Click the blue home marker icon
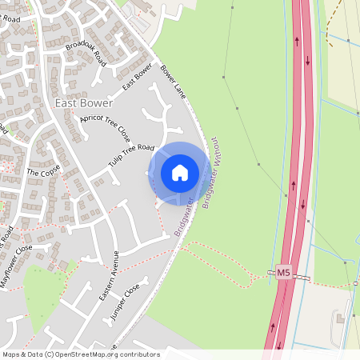(x=180, y=173)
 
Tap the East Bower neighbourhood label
(x=84, y=103)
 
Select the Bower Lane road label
(x=173, y=82)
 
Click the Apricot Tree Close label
(x=105, y=128)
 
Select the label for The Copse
(x=44, y=171)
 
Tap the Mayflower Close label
(x=17, y=261)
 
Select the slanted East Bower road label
(x=137, y=77)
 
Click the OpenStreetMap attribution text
(x=81, y=354)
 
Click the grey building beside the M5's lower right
(x=339, y=319)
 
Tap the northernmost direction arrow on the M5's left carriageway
(x=298, y=40)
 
